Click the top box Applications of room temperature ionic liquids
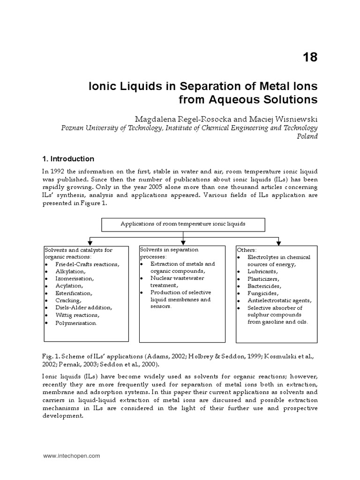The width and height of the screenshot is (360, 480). click(183, 224)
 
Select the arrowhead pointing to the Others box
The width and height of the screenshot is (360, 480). click(278, 242)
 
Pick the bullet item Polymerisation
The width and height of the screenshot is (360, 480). click(76, 322)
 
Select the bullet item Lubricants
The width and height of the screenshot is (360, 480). click(262, 271)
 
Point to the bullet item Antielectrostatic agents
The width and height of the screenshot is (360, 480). click(279, 300)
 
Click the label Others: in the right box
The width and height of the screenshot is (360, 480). click(247, 250)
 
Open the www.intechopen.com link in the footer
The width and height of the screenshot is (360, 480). click(71, 455)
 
